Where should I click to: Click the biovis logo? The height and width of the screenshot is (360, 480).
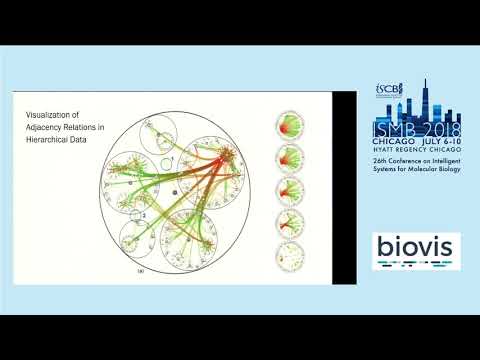pos(416,249)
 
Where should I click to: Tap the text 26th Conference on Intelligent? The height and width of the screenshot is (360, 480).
pos(412,164)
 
